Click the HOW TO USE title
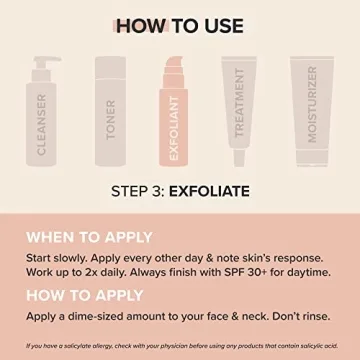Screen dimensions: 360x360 (x=180, y=22)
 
